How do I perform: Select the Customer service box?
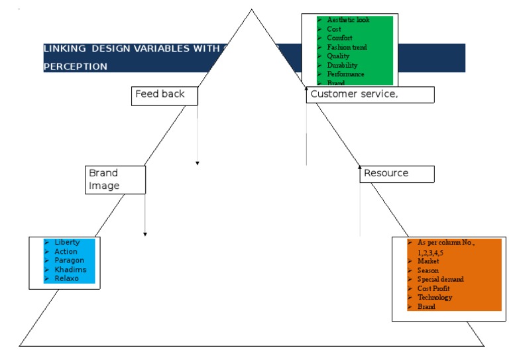pyautogui.click(x=370, y=95)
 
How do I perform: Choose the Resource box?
pyautogui.click(x=397, y=174)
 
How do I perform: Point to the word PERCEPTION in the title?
pyautogui.click(x=76, y=67)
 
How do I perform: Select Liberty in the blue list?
pyautogui.click(x=67, y=243)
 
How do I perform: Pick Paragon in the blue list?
pyautogui.click(x=68, y=261)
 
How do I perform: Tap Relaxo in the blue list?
pyautogui.click(x=66, y=278)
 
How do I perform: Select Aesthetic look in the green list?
pyautogui.click(x=348, y=20)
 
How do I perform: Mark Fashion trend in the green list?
pyautogui.click(x=347, y=48)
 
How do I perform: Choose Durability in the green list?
pyautogui.click(x=342, y=66)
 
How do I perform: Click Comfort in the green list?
pyautogui.click(x=339, y=38)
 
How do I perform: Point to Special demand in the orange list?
pyautogui.click(x=440, y=279)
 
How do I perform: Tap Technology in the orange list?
pyautogui.click(x=434, y=298)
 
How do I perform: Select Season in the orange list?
pyautogui.click(x=427, y=270)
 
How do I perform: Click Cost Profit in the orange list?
pyautogui.click(x=433, y=288)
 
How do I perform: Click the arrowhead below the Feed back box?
pyautogui.click(x=198, y=162)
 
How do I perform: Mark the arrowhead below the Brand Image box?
pyautogui.click(x=145, y=234)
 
